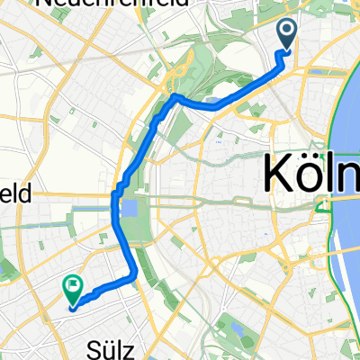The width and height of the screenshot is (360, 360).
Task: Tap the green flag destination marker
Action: (72, 289)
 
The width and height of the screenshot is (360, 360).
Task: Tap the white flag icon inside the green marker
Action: (72, 286)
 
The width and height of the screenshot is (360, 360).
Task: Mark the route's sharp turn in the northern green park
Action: (174, 95)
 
